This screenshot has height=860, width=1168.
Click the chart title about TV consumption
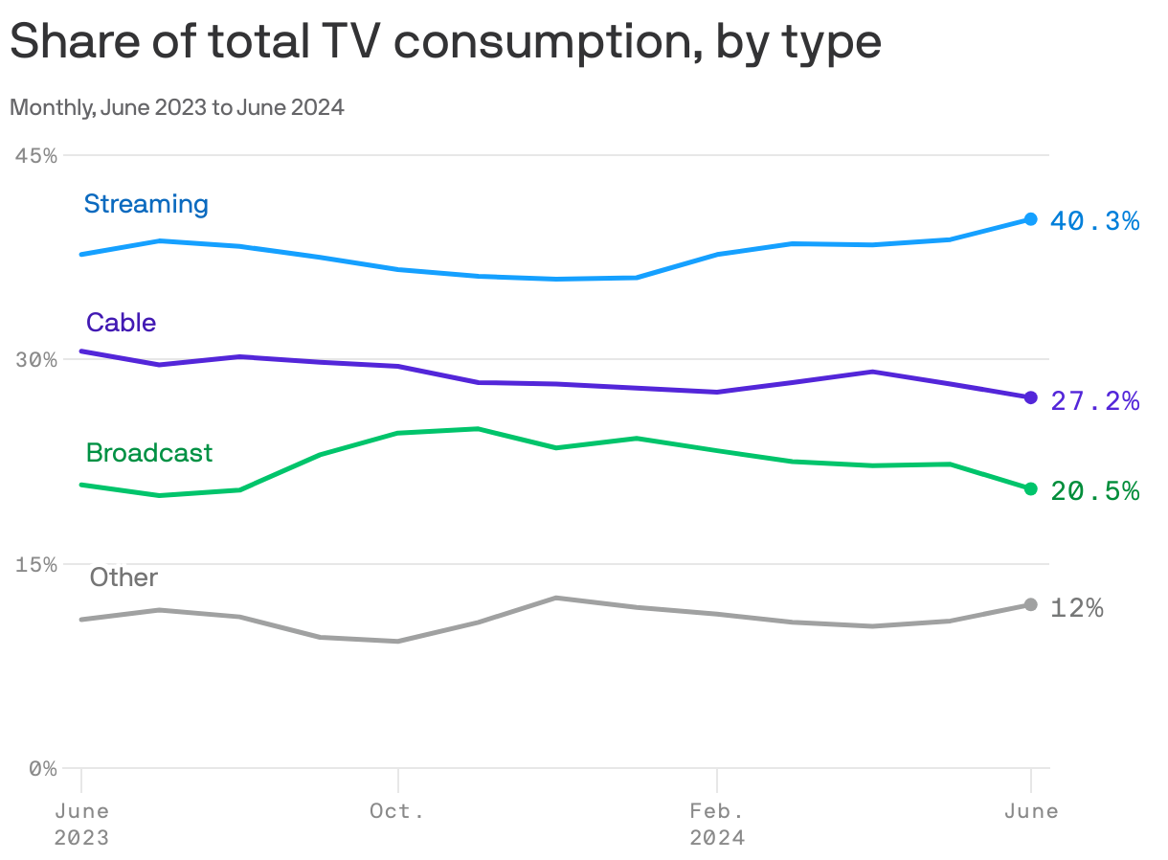click(444, 42)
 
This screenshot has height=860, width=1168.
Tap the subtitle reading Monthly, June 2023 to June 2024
click(177, 107)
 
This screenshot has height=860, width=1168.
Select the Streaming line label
click(146, 204)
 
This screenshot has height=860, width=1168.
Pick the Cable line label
click(121, 323)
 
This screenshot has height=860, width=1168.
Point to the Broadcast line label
click(149, 452)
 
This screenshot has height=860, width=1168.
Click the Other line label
click(124, 577)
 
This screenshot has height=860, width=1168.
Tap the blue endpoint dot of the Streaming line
click(1030, 219)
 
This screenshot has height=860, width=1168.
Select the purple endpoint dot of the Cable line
click(1030, 397)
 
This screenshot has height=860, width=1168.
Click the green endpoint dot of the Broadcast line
click(1030, 488)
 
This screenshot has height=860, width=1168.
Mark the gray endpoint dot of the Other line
click(1030, 604)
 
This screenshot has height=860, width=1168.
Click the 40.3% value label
click(1094, 221)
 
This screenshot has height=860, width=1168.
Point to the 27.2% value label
click(1094, 401)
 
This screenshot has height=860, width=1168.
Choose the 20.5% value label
click(1094, 491)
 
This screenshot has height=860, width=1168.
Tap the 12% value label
click(1076, 608)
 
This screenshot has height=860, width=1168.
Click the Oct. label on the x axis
click(397, 811)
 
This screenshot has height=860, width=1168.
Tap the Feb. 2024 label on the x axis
click(717, 824)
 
